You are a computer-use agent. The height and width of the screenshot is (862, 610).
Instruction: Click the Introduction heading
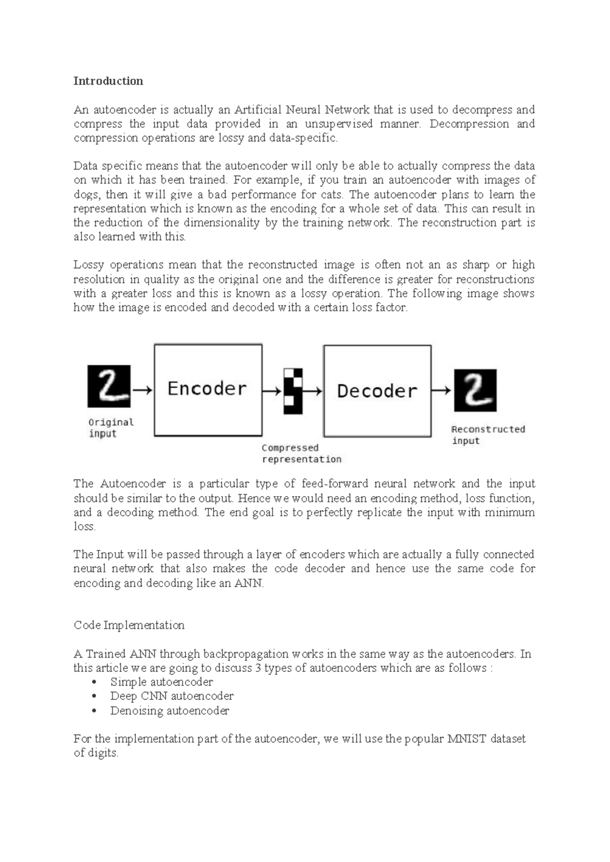pyautogui.click(x=108, y=81)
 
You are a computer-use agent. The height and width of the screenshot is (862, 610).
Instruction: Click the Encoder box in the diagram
pyautogui.click(x=208, y=390)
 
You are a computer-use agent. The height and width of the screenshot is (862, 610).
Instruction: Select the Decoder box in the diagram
pyautogui.click(x=377, y=391)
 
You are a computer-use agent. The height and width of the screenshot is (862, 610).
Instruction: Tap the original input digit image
pyautogui.click(x=109, y=386)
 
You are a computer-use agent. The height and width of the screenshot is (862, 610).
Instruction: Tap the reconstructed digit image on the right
pyautogui.click(x=475, y=390)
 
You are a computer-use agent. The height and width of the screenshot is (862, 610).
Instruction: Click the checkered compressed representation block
pyautogui.click(x=293, y=391)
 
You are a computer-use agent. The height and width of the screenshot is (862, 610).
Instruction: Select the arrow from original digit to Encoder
pyautogui.click(x=142, y=390)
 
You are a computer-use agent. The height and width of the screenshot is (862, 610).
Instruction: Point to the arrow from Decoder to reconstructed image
pyautogui.click(x=441, y=391)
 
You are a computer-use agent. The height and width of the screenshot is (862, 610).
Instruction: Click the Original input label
pyautogui.click(x=110, y=428)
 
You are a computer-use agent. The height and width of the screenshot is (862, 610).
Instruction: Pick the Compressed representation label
pyautogui.click(x=301, y=453)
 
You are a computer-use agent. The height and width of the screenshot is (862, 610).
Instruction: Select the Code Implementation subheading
pyautogui.click(x=129, y=625)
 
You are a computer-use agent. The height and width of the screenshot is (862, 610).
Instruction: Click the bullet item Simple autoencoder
pyautogui.click(x=161, y=682)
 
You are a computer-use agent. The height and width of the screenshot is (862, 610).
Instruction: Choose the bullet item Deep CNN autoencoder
pyautogui.click(x=171, y=696)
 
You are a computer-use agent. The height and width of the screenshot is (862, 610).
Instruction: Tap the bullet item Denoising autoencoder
pyautogui.click(x=169, y=711)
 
